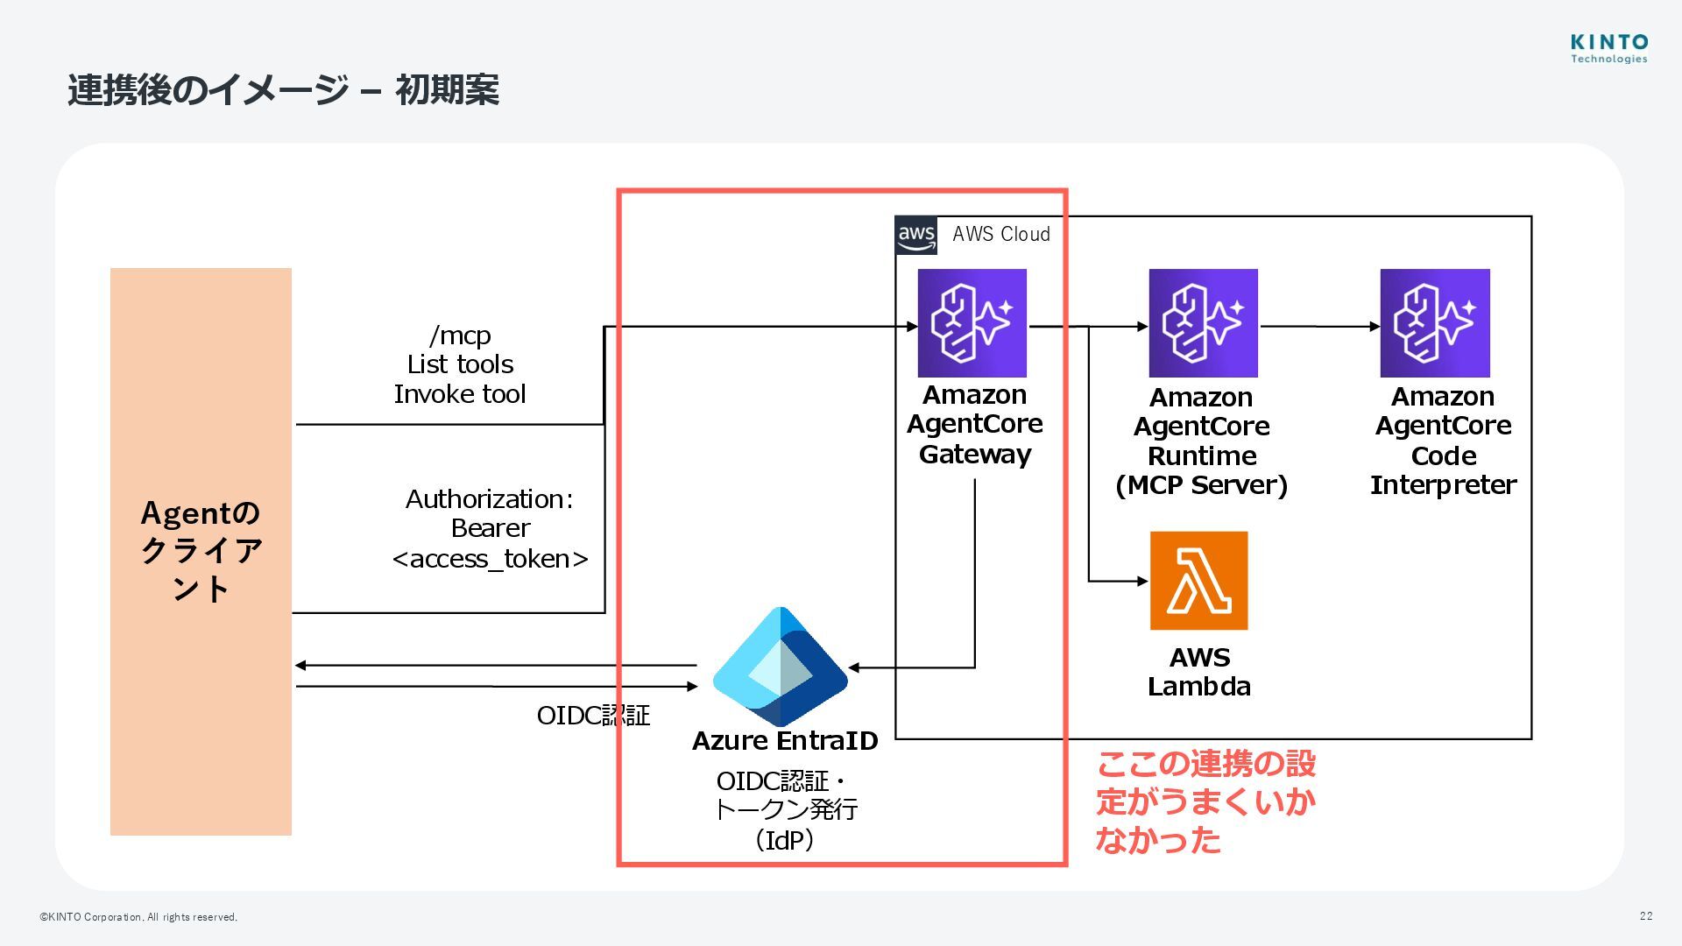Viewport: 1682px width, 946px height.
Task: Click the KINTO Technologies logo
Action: (x=1608, y=48)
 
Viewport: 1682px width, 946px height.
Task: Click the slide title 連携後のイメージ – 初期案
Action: (x=283, y=90)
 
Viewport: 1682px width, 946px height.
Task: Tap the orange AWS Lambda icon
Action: (x=1198, y=581)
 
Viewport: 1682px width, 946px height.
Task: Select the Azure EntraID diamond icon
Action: (x=780, y=667)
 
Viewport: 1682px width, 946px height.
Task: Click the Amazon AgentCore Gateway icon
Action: (x=972, y=323)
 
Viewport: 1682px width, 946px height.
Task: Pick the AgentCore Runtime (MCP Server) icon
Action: (x=1203, y=323)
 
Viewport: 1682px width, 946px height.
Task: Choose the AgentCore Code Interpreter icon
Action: (x=1435, y=323)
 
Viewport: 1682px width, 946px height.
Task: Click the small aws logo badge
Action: (x=916, y=235)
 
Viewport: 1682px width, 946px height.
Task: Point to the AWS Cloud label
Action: (x=1001, y=234)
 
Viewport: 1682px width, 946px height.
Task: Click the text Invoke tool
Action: (x=459, y=394)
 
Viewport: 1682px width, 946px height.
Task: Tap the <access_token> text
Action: (x=490, y=559)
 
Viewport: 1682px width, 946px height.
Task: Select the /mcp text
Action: (x=460, y=335)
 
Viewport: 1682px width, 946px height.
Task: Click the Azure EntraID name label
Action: (x=785, y=741)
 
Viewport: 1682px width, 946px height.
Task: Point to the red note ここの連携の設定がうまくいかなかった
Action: (x=1205, y=801)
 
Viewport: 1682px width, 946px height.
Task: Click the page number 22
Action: (x=1646, y=915)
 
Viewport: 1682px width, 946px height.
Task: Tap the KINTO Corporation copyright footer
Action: (x=138, y=917)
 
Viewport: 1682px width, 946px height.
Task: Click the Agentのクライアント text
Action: (x=201, y=551)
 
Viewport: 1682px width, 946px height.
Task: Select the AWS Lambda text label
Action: (x=1199, y=672)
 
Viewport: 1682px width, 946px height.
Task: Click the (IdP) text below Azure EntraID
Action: (x=785, y=841)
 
